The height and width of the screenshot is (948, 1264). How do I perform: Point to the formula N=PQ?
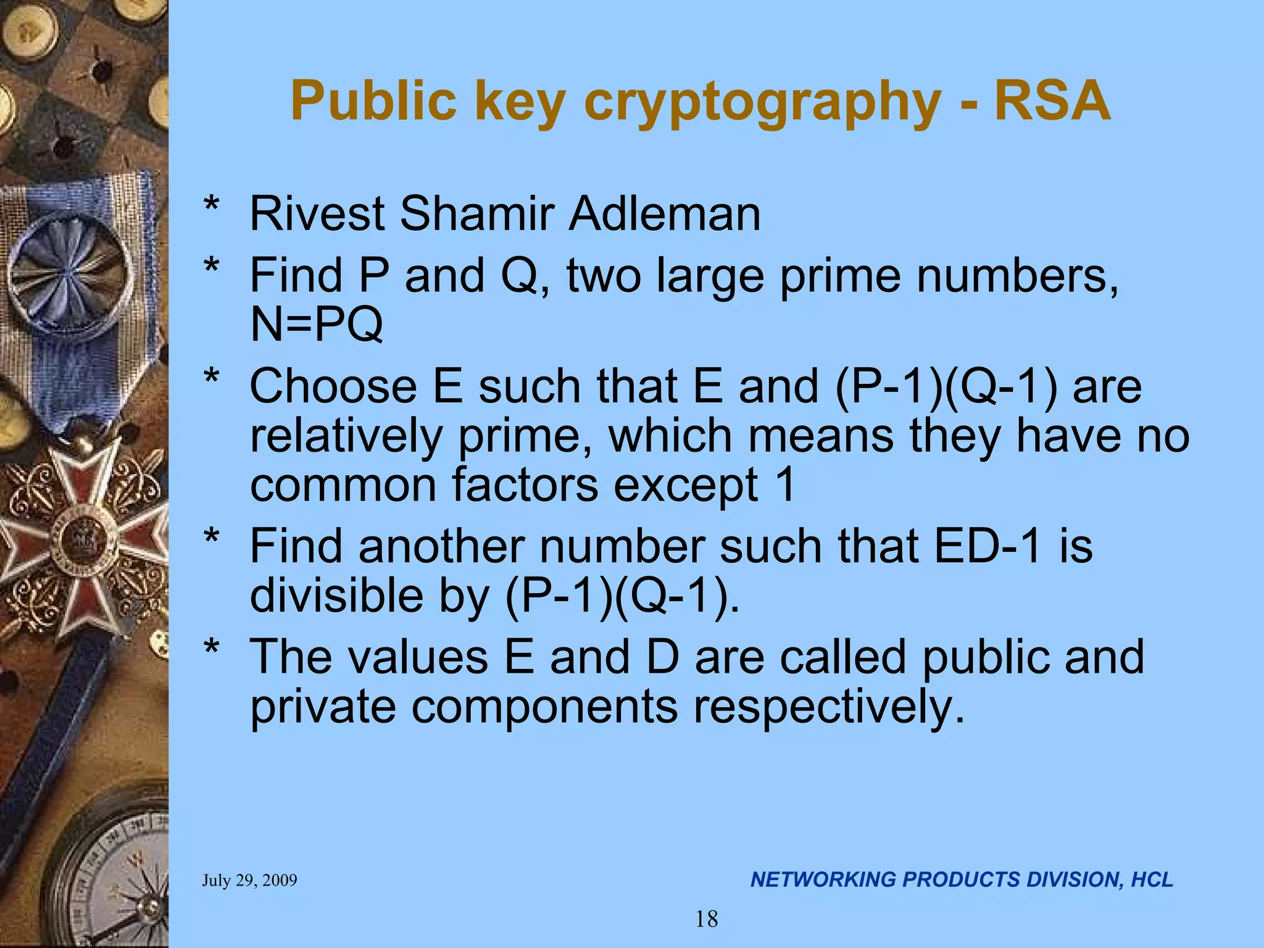coord(316,324)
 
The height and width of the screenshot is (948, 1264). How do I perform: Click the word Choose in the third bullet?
coord(333,386)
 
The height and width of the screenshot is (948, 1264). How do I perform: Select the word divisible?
coord(336,596)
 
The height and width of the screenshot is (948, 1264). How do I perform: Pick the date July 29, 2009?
coord(249,880)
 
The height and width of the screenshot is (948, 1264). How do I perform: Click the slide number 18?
coord(707,920)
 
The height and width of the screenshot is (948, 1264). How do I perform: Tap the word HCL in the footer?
coord(1152,879)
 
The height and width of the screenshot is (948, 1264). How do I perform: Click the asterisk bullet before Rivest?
coord(212,206)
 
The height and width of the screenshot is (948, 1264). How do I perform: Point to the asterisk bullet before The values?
coord(212,649)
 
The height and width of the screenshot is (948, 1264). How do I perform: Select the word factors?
coord(525,485)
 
